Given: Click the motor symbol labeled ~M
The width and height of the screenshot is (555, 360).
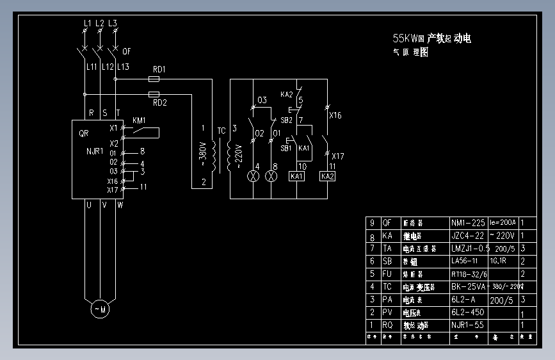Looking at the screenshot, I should (100, 310).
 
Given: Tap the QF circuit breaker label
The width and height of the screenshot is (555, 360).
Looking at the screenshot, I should (126, 52).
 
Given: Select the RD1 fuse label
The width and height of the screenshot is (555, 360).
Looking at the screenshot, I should (159, 69).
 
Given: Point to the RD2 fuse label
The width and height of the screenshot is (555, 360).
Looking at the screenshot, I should (159, 102).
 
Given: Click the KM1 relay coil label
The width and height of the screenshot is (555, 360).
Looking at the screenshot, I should (139, 120).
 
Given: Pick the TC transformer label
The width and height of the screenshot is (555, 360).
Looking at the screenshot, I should (221, 131).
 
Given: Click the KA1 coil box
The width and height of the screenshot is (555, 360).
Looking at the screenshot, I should (297, 176).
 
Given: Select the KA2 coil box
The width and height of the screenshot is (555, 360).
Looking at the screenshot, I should (327, 176).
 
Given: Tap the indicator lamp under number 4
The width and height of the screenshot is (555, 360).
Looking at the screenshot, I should (255, 176).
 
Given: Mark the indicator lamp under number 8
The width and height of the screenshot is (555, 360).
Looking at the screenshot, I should (271, 176).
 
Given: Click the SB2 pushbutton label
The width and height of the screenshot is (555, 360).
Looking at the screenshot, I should (286, 120).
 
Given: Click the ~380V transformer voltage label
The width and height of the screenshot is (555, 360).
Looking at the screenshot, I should (203, 154).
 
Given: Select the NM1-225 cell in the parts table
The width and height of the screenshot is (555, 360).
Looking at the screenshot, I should (468, 223).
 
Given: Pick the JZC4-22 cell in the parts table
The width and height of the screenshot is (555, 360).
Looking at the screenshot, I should (467, 236).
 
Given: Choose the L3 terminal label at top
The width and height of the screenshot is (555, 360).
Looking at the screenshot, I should (113, 23).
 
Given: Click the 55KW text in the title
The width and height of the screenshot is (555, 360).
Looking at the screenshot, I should (405, 38).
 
